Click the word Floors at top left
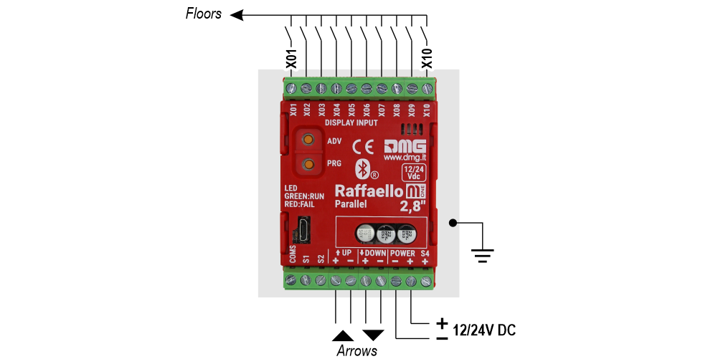(x=204, y=13)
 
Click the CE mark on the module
(x=363, y=147)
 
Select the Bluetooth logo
(x=363, y=169)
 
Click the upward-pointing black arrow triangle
(x=343, y=335)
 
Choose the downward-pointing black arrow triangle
(x=373, y=335)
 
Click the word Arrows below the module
(x=356, y=351)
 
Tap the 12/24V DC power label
(x=485, y=330)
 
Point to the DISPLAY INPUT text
(x=351, y=123)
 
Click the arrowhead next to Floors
(x=237, y=14)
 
